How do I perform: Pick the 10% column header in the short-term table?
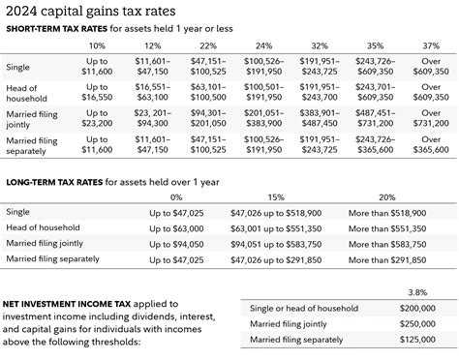point(98,45)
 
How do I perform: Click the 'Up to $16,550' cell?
point(98,92)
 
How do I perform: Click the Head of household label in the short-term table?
point(27,92)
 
